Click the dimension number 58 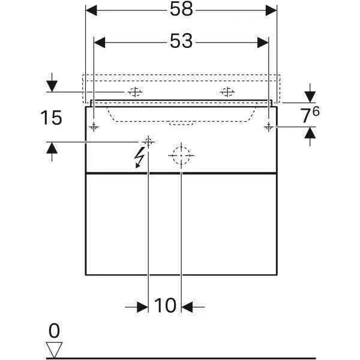[x=181, y=10]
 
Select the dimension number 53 [x=181, y=41]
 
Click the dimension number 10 [x=165, y=306]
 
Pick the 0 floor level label [x=55, y=331]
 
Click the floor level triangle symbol [x=55, y=349]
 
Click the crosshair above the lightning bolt [x=148, y=142]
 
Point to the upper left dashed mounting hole [x=134, y=92]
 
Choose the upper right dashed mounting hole [x=227, y=92]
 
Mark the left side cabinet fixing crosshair [x=94, y=127]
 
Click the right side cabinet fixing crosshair [x=269, y=127]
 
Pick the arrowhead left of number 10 [x=142, y=307]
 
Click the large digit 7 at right [x=306, y=116]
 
